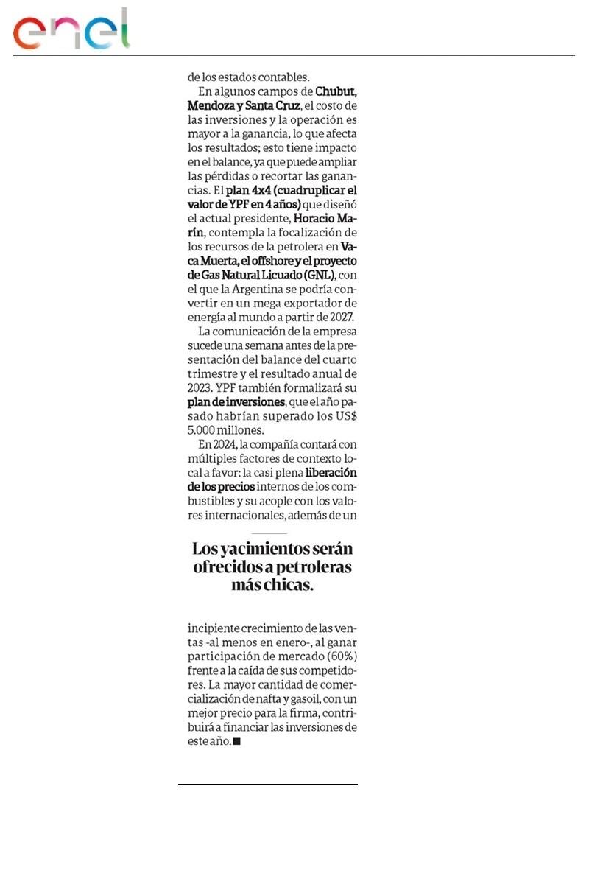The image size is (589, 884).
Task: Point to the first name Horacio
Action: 316,218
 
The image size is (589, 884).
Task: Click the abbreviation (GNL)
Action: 318,275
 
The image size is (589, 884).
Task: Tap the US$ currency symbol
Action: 345,415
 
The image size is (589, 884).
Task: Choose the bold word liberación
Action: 331,473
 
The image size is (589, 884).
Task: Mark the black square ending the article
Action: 236,742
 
